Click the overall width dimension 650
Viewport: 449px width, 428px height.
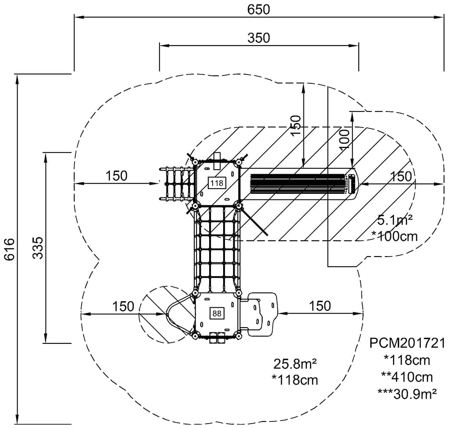pyautogui.click(x=258, y=9)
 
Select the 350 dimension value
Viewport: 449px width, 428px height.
pyautogui.click(x=258, y=38)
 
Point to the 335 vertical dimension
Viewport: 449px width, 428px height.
pyautogui.click(x=38, y=248)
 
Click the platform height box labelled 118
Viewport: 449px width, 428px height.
pyautogui.click(x=217, y=183)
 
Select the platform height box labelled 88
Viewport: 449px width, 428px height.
pyautogui.click(x=217, y=313)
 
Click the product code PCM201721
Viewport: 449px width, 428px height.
pyautogui.click(x=407, y=342)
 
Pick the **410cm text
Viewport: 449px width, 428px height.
pyautogui.click(x=407, y=376)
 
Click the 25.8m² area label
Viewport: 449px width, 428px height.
pyautogui.click(x=295, y=364)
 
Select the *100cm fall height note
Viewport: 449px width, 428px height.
pyautogui.click(x=394, y=236)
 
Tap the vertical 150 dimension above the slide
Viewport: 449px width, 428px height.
pyautogui.click(x=296, y=125)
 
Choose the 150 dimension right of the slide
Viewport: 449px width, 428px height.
pyautogui.click(x=401, y=176)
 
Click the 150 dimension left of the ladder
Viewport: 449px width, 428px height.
pyautogui.click(x=116, y=175)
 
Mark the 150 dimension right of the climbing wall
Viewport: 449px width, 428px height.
pyautogui.click(x=320, y=306)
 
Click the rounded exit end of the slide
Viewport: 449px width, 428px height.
pyautogui.click(x=353, y=183)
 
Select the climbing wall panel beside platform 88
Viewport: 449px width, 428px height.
pyautogui.click(x=262, y=314)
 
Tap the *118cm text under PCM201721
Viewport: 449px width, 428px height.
pyautogui.click(x=407, y=360)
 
